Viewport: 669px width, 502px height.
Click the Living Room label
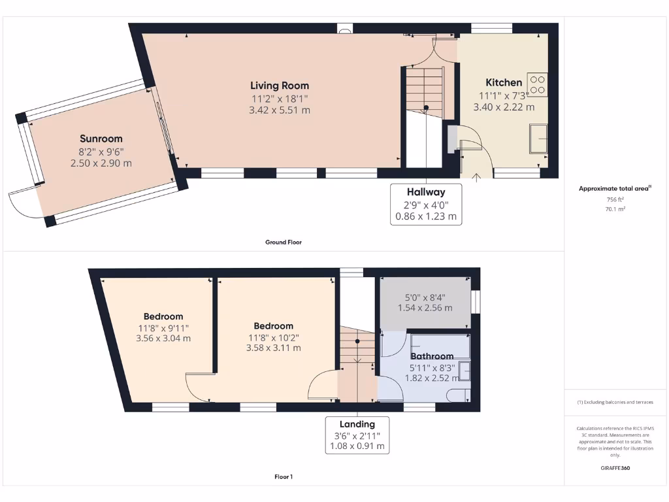click(280, 86)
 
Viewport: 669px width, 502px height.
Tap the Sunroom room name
click(101, 139)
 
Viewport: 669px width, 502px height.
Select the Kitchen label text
click(504, 82)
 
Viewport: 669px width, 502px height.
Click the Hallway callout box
click(426, 204)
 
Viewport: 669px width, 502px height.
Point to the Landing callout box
click(357, 435)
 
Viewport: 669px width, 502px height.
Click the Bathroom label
click(432, 356)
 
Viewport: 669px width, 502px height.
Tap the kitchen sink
click(538, 138)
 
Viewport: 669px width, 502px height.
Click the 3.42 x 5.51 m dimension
click(280, 110)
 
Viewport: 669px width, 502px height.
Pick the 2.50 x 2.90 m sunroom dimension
click(101, 163)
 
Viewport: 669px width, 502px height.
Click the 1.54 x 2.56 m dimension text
click(425, 307)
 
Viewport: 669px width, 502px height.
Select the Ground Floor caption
click(283, 242)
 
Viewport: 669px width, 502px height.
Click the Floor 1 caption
click(284, 477)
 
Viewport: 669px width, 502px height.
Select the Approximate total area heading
click(614, 188)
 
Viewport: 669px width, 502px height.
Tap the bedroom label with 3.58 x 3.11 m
click(273, 326)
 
